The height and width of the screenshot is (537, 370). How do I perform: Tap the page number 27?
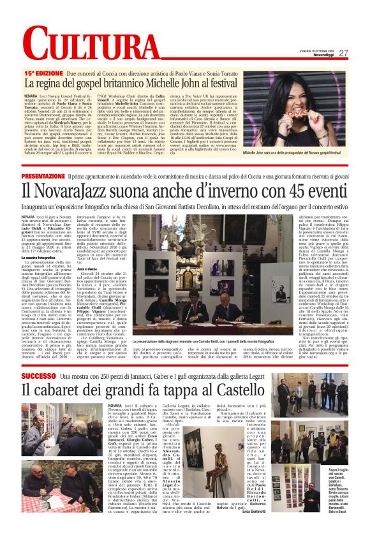point(343,53)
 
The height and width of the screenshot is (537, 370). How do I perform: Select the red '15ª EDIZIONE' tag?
point(43,74)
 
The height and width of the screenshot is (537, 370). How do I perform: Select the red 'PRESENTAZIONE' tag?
point(43,175)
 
